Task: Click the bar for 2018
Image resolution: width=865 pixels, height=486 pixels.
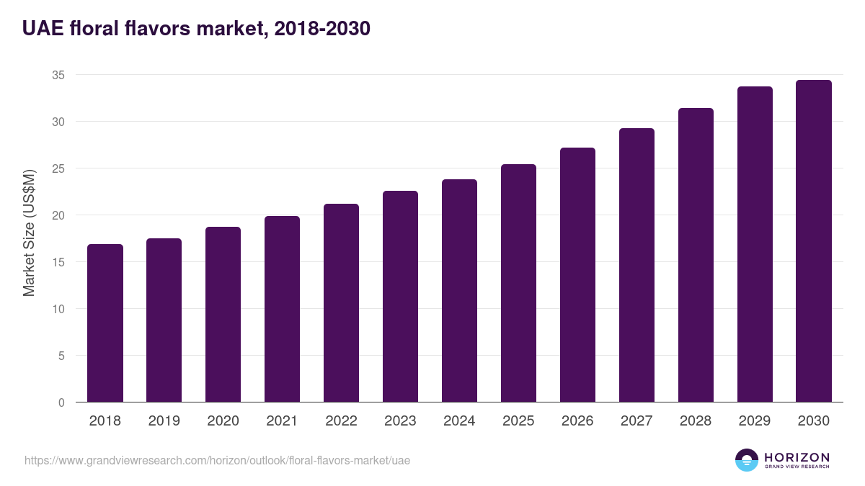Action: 105,323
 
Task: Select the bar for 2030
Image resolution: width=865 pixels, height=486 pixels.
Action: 814,241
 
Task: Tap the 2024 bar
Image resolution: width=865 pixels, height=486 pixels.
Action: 460,291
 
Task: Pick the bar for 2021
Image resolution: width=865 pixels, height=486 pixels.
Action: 282,309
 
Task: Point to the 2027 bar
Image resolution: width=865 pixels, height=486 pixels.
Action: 636,265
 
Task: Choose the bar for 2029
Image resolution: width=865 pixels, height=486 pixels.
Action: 755,244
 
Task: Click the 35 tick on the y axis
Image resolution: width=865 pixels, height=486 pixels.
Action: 58,75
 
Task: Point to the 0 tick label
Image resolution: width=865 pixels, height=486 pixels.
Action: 61,402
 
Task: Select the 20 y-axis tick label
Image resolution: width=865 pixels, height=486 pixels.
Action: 58,215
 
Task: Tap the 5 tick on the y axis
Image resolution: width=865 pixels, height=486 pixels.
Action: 61,356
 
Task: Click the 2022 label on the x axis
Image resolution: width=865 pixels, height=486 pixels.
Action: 341,420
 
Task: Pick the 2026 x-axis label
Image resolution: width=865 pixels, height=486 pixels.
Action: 577,420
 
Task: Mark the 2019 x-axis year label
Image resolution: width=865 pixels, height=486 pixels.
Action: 164,420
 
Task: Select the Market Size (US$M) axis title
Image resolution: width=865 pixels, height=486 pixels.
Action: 29,233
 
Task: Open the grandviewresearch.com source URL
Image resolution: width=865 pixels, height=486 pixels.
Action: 217,461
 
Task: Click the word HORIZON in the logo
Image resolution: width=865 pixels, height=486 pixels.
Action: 797,457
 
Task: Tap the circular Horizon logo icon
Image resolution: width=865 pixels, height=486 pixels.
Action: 747,460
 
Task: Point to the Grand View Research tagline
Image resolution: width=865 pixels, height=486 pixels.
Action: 797,467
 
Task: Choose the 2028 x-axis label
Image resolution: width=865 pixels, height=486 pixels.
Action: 696,420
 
